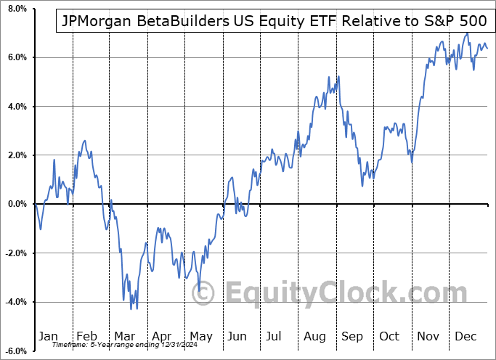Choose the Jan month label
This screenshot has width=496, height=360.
coord(49,336)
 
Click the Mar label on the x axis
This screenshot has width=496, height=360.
coord(124,336)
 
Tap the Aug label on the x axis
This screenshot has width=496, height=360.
coord(315,336)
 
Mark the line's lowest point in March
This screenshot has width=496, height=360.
coord(131,309)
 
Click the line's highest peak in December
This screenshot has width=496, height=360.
coord(467,33)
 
